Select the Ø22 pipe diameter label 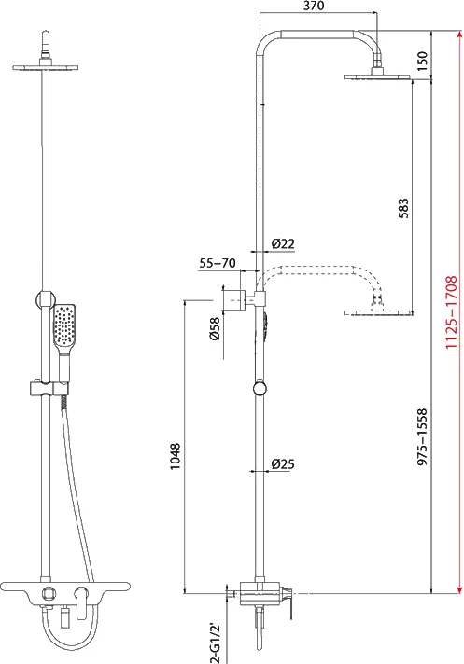[283, 244]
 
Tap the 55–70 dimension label [217, 264]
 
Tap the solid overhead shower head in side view [378, 77]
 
